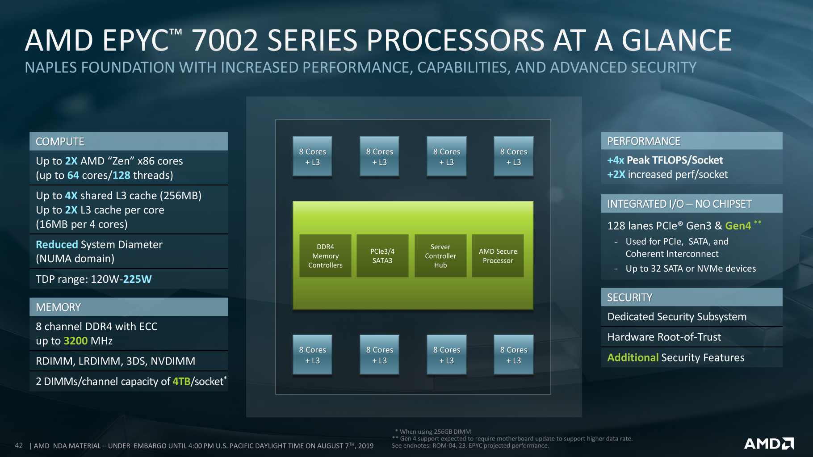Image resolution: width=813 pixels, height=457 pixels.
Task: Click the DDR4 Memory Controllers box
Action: click(325, 256)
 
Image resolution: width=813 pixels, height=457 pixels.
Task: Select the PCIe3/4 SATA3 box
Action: click(382, 256)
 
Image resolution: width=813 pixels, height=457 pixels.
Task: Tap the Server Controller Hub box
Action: click(440, 256)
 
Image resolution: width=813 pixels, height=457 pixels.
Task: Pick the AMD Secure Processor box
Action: click(498, 256)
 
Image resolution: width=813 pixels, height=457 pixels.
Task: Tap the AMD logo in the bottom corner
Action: click(769, 444)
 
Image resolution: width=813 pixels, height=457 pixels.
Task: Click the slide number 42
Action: click(19, 445)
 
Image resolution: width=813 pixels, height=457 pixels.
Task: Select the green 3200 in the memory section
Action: click(75, 341)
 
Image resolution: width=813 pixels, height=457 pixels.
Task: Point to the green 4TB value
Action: click(181, 382)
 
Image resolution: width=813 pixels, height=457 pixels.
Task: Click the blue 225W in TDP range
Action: click(137, 279)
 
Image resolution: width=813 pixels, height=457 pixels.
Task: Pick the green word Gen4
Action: click(738, 226)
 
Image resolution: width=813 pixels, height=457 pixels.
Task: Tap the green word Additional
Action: click(633, 357)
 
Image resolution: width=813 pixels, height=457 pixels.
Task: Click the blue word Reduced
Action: click(57, 244)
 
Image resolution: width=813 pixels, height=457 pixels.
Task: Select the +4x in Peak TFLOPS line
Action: click(616, 160)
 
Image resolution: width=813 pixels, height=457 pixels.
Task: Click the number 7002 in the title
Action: click(225, 40)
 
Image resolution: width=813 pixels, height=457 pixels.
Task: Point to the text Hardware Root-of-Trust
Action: click(664, 337)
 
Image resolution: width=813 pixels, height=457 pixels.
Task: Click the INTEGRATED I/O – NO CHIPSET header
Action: click(679, 204)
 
